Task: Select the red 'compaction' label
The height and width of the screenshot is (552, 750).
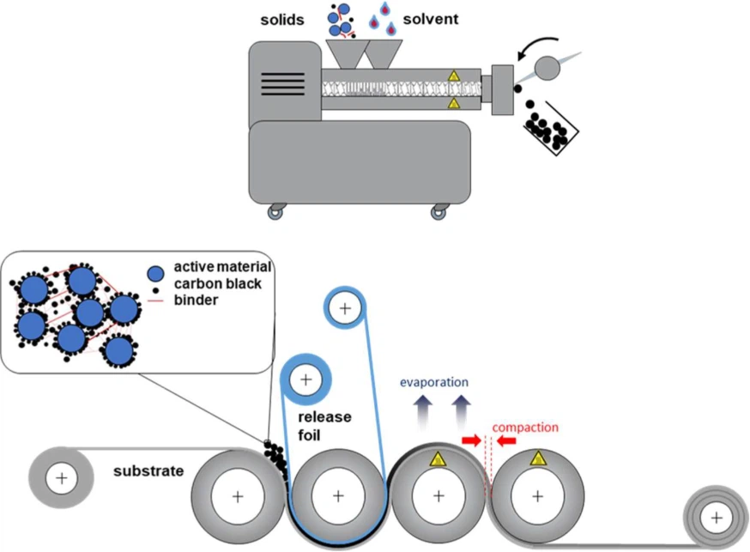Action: click(526, 427)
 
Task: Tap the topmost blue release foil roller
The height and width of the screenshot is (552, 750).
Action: click(344, 308)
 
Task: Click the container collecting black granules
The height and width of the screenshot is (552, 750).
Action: click(549, 129)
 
